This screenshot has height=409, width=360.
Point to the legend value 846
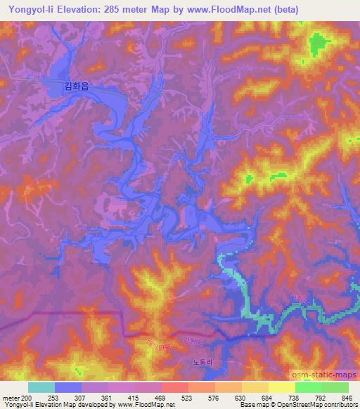pyautogui.click(x=347, y=396)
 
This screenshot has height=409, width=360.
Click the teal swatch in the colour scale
pyautogui.click(x=41, y=387)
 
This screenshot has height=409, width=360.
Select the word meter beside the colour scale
pyautogui.click(x=10, y=396)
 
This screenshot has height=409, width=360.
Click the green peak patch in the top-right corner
pyautogui.click(x=320, y=44)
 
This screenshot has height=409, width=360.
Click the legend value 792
pyautogui.click(x=320, y=396)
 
